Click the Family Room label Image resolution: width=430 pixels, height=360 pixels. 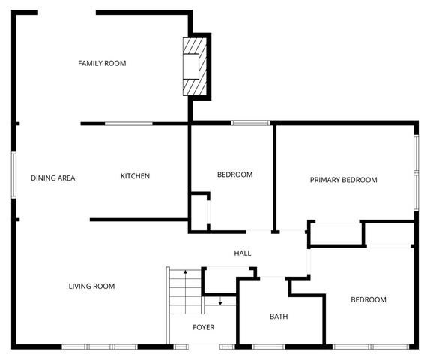click(102, 63)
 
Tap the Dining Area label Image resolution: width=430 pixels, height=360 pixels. click(53, 178)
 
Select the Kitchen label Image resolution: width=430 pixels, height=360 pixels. click(135, 176)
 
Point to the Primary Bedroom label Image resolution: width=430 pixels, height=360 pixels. click(344, 180)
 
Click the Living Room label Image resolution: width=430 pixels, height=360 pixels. click(91, 286)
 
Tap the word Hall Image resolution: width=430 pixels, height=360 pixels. click(243, 253)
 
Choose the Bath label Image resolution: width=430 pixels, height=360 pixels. click(279, 316)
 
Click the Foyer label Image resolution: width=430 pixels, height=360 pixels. click(204, 327)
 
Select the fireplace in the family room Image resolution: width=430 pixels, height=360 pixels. click(195, 67)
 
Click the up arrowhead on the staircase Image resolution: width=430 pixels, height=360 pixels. click(185, 272)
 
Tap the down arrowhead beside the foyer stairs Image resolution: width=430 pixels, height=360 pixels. click(220, 303)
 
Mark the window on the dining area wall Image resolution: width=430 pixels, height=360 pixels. click(13, 175)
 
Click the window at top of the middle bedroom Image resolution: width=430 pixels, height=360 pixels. click(251, 123)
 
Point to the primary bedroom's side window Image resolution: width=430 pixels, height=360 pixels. click(417, 173)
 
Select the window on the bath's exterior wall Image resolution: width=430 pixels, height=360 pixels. click(268, 346)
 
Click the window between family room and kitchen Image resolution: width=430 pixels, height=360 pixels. click(129, 124)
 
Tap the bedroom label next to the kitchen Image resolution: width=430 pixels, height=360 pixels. click(235, 175)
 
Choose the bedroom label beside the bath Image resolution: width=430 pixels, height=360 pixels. click(369, 299)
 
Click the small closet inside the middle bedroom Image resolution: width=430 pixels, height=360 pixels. click(199, 213)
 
